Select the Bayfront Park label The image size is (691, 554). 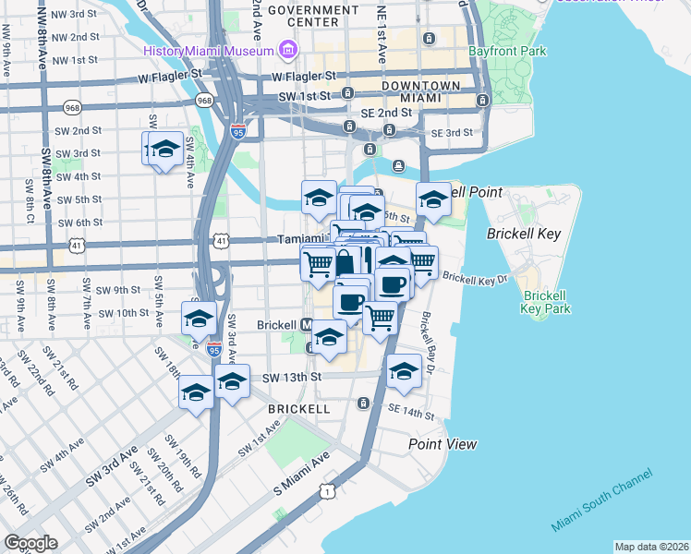tap(507, 52)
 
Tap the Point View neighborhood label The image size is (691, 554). tap(443, 444)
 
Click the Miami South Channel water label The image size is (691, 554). tap(601, 500)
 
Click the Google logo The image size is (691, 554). tap(30, 543)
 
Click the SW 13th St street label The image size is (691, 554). tap(291, 377)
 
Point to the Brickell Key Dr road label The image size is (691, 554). tap(475, 277)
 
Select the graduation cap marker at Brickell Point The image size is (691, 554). tap(432, 198)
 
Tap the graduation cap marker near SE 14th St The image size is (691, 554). tap(404, 371)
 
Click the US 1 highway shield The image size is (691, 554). tap(326, 490)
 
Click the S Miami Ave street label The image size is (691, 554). tap(301, 473)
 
